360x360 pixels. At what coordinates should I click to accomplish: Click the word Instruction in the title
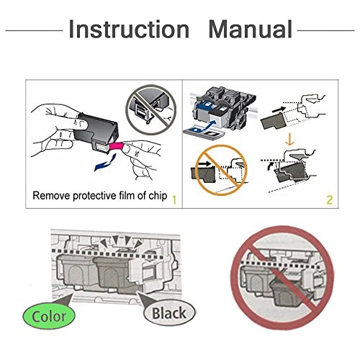pyautogui.click(x=129, y=29)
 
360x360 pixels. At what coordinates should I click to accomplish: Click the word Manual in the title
pyautogui.click(x=251, y=29)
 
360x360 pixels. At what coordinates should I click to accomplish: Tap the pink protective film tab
pyautogui.click(x=117, y=147)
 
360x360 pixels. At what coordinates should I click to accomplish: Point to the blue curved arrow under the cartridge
pyautogui.click(x=105, y=163)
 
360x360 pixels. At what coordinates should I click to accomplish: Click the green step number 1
pyautogui.click(x=174, y=200)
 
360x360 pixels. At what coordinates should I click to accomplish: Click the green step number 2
pyautogui.click(x=330, y=200)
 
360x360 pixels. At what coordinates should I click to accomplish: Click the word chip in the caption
pyautogui.click(x=158, y=196)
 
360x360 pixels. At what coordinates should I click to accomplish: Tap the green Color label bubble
pyautogui.click(x=49, y=316)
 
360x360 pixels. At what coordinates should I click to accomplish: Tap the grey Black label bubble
pyautogui.click(x=169, y=313)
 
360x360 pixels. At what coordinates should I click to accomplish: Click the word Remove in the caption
pyautogui.click(x=51, y=196)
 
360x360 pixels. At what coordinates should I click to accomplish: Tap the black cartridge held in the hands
pyautogui.click(x=96, y=131)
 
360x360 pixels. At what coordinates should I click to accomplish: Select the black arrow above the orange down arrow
pyautogui.click(x=279, y=109)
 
